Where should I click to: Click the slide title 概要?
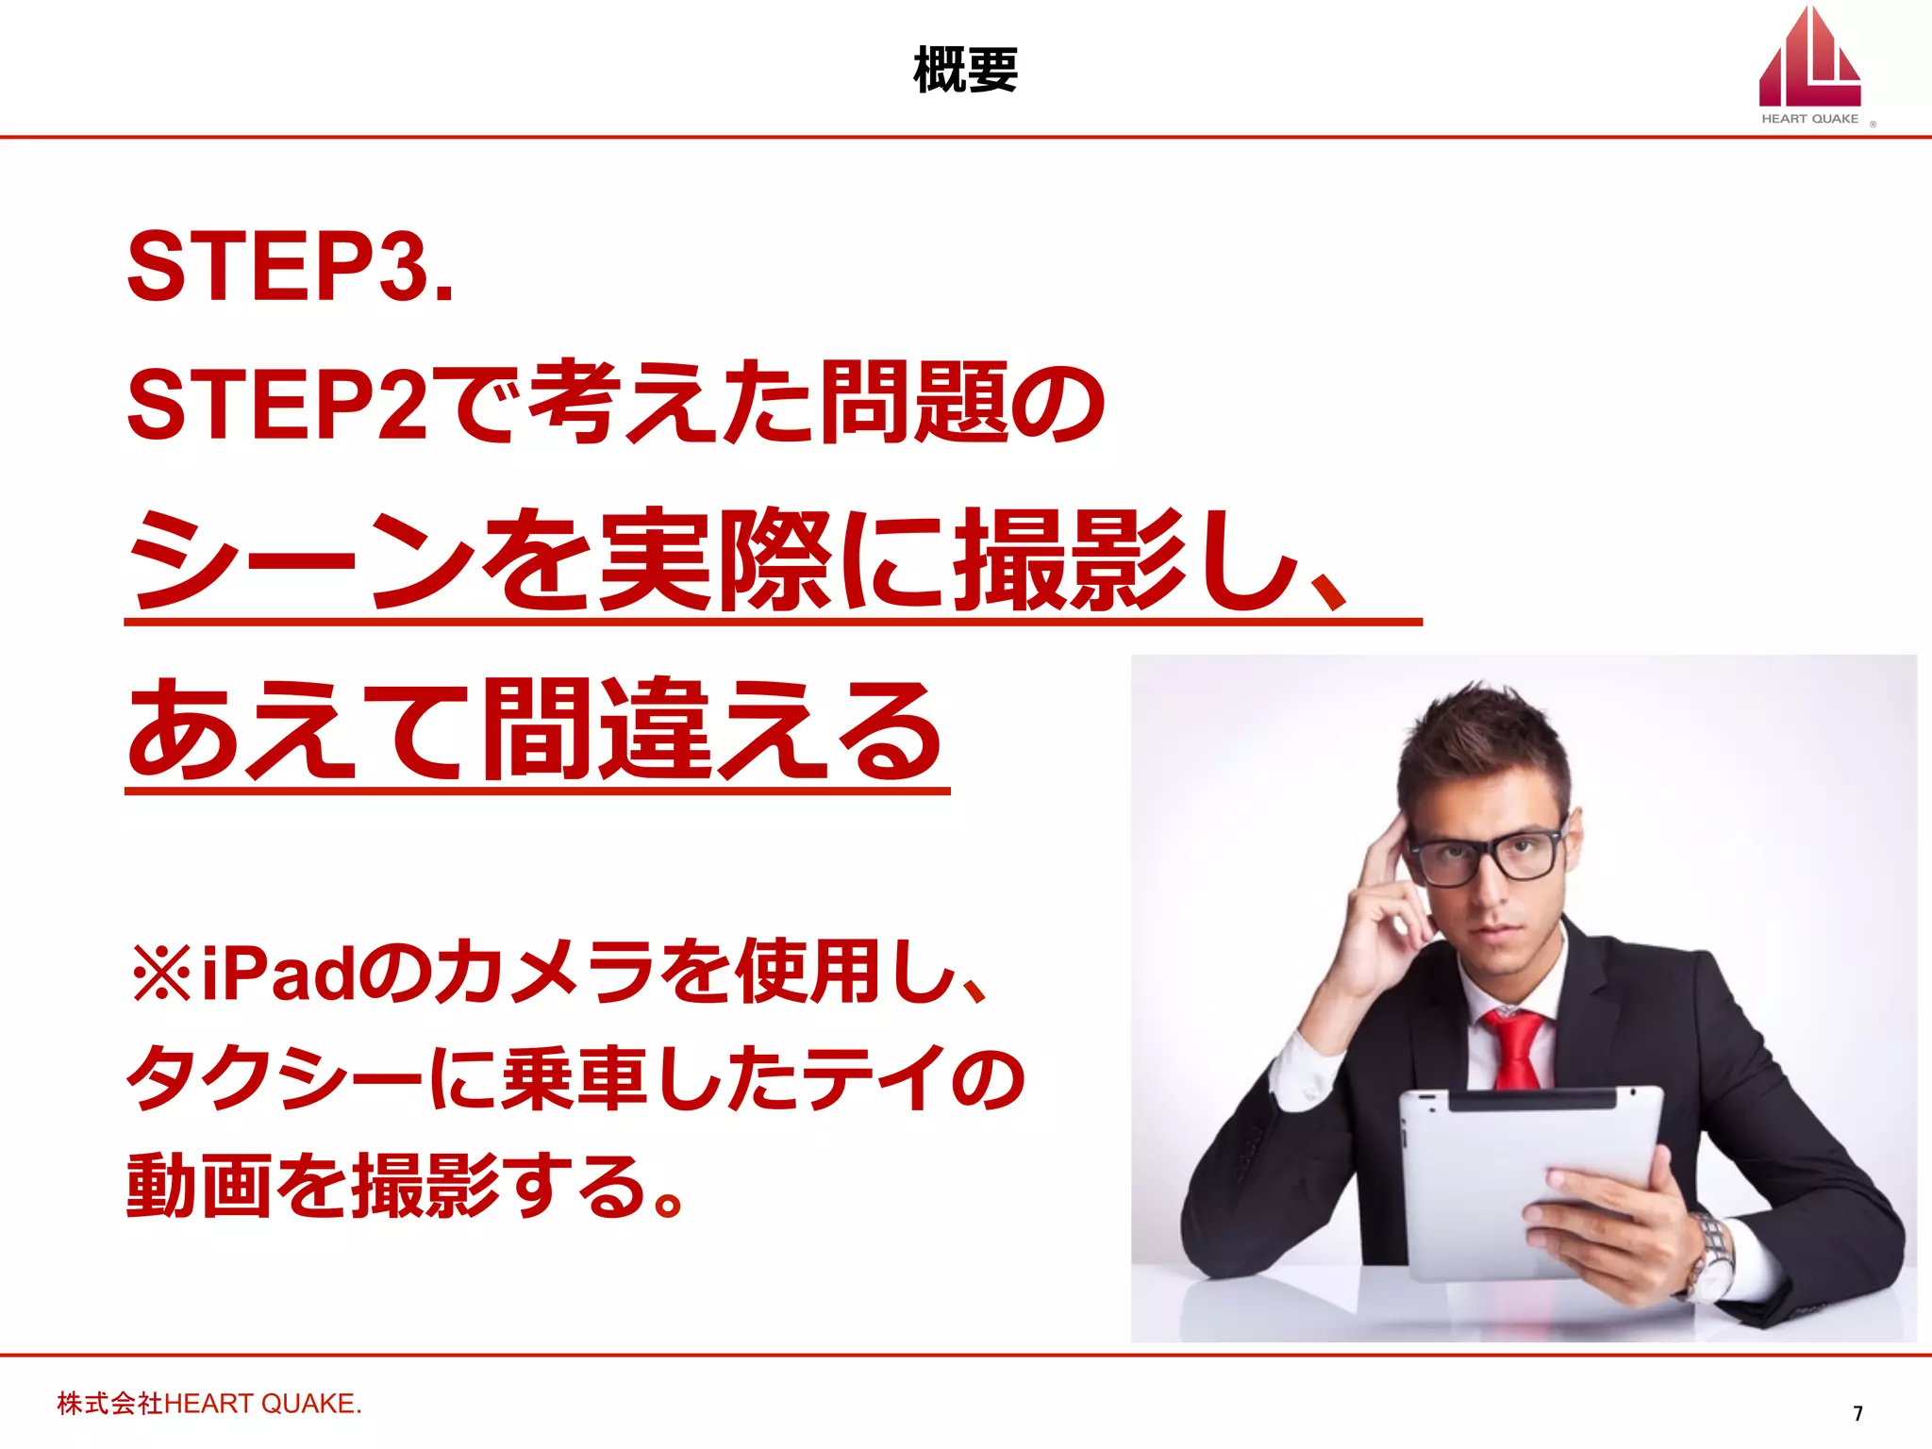[965, 71]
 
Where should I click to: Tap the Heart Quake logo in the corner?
[1809, 66]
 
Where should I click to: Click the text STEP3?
[290, 267]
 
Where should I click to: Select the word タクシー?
[274, 1079]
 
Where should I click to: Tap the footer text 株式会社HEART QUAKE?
[209, 1404]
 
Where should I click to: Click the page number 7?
[1857, 1413]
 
